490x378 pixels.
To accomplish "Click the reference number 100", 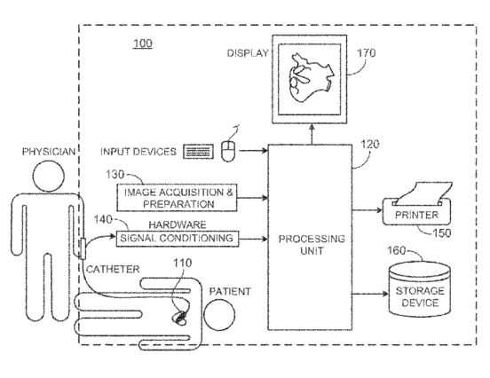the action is point(143,43).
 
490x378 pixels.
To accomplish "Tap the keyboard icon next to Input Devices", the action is point(199,152).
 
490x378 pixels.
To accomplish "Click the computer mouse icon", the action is point(228,151).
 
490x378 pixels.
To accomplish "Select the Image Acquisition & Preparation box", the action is point(177,198).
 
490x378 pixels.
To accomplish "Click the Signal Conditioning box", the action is point(178,239).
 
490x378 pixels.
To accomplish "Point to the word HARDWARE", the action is point(178,224).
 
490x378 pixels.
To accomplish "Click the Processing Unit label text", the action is point(312,245).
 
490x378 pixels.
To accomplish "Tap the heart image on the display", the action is point(311,78).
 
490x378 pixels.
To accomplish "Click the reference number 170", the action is point(366,53).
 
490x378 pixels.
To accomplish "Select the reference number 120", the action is point(370,145).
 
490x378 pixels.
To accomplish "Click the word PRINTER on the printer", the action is point(416,215).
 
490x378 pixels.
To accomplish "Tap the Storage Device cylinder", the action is point(419,289).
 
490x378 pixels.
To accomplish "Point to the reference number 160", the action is point(396,250).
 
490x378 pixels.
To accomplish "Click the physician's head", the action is point(49,176).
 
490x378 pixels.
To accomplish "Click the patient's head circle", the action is point(219,315).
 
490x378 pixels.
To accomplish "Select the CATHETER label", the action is point(113,269).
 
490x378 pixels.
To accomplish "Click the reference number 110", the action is point(183,263).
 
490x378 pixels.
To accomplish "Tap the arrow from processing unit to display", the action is point(312,134).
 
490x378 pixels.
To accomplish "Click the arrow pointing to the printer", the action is point(367,210).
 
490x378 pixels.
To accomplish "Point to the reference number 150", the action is point(441,233).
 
